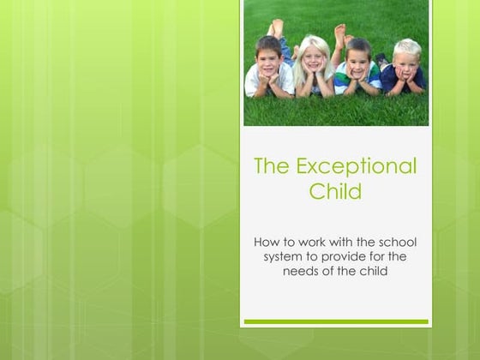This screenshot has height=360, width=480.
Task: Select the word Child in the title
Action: (335, 191)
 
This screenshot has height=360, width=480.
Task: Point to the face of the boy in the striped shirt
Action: (357, 57)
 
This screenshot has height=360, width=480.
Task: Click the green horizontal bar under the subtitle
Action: (336, 321)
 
